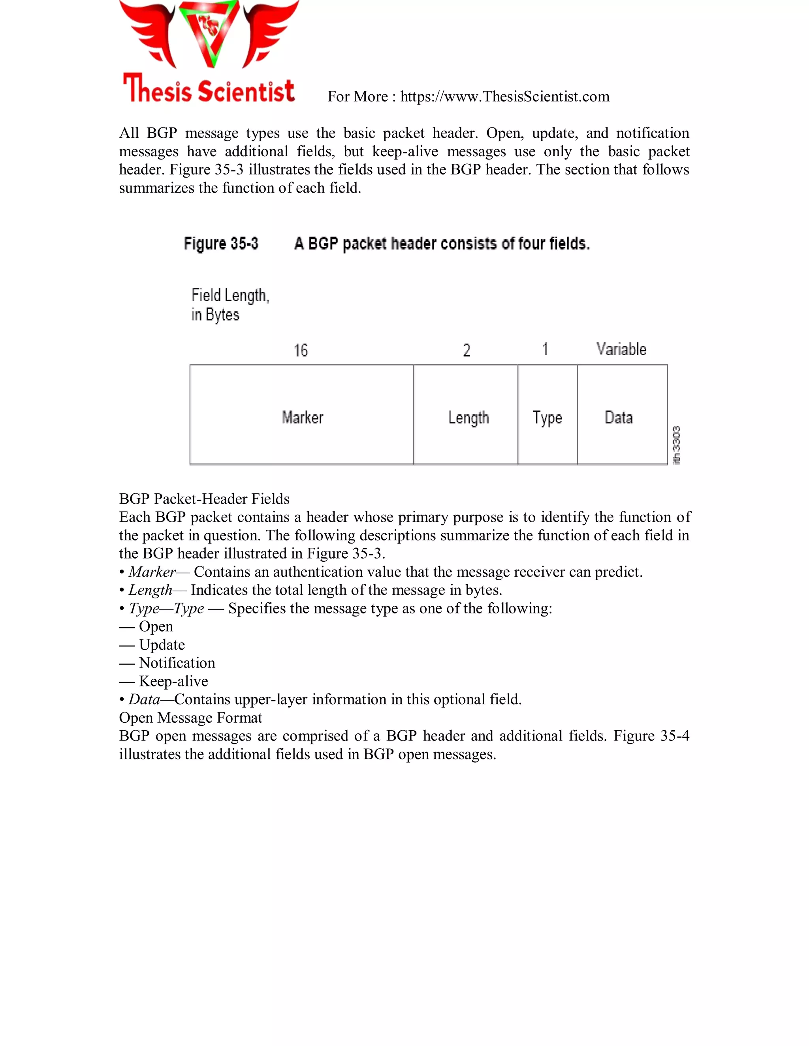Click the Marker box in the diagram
tap(302, 415)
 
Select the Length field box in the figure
tap(466, 415)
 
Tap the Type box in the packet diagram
tap(547, 415)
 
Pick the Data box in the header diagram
tap(622, 415)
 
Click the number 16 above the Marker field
tap(301, 350)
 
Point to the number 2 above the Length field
tap(467, 350)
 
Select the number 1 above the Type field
tap(545, 349)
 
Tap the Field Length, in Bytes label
tap(230, 305)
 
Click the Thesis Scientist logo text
tap(209, 90)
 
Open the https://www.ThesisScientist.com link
tap(505, 97)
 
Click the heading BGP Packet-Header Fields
tap(204, 499)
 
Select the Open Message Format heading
tap(190, 718)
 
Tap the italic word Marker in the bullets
tap(152, 572)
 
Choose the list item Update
tap(162, 645)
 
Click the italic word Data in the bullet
tap(144, 699)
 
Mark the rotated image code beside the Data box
tap(677, 445)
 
